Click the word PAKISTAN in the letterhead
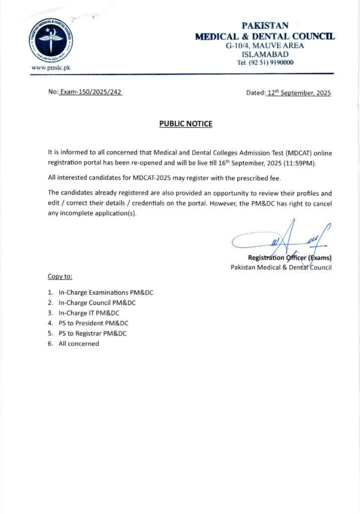point(265,26)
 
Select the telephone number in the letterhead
point(265,63)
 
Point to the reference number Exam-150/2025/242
point(91,93)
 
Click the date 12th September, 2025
point(299,93)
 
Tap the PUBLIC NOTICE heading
point(186,123)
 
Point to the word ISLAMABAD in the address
point(265,54)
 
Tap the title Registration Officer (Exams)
point(293,258)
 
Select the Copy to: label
point(60,276)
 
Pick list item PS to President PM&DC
point(93,323)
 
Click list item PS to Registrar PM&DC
point(92,333)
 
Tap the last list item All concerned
point(79,344)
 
